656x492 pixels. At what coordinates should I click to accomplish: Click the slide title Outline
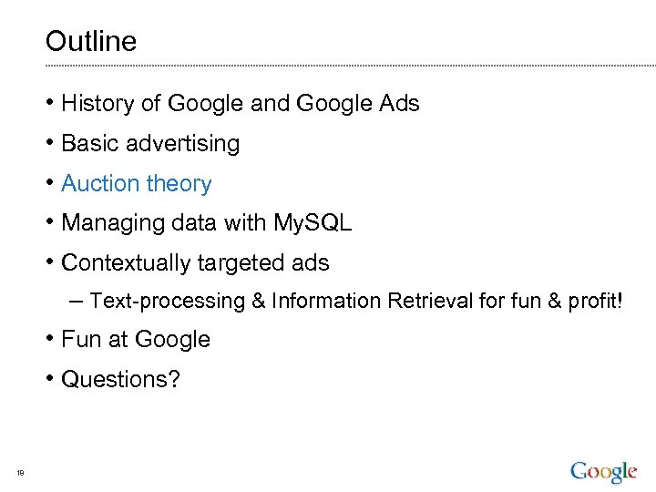(x=91, y=41)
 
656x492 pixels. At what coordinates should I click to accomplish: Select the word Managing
(x=108, y=224)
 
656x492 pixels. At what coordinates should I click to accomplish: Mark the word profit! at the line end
(x=597, y=302)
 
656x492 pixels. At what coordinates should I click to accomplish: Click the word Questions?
(x=120, y=379)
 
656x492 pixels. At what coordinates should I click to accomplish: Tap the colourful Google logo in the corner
(x=604, y=472)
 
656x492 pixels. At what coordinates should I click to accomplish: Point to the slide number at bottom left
(x=19, y=472)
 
